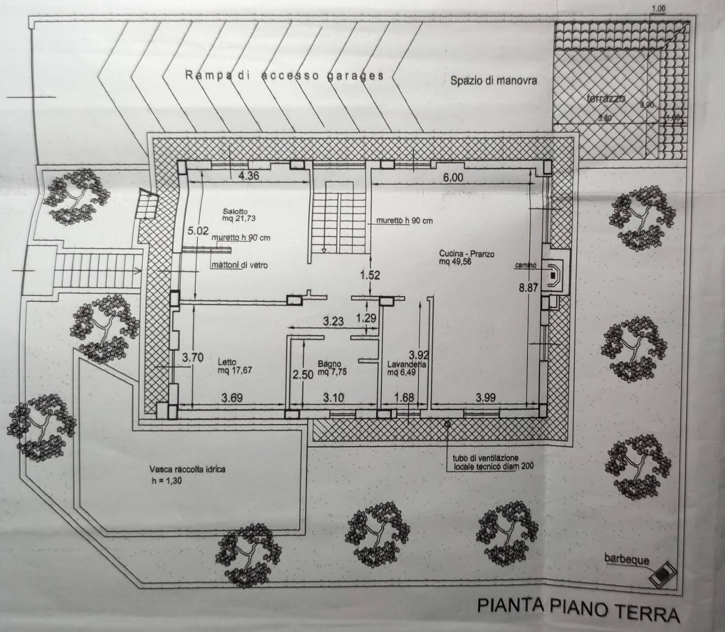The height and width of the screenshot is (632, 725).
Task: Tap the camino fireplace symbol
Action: click(554, 273)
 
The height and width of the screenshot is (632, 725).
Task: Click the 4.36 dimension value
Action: click(248, 175)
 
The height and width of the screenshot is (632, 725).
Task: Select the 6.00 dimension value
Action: click(453, 177)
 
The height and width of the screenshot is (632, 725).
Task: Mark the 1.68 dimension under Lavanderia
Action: click(404, 397)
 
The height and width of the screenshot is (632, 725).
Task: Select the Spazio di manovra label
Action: click(493, 81)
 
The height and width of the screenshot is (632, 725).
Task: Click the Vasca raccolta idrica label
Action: click(187, 469)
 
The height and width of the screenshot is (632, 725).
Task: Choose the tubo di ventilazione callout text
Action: click(490, 461)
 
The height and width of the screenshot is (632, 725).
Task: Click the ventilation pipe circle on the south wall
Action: click(448, 424)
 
